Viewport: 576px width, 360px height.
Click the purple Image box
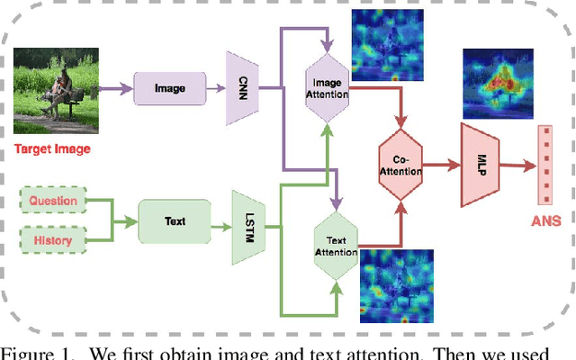click(169, 88)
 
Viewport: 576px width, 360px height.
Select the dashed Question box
click(53, 201)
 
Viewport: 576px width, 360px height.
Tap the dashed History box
click(53, 241)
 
